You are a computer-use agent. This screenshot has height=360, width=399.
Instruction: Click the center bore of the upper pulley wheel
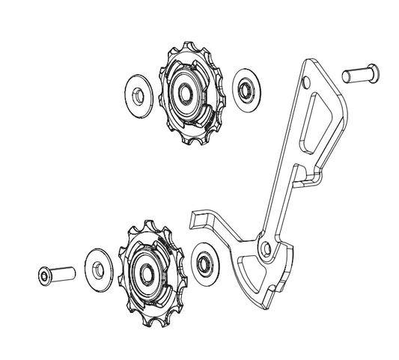point(184,92)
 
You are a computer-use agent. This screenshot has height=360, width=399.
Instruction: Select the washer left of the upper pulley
point(140,92)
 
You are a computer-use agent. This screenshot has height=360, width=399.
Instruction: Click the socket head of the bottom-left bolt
point(43,275)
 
